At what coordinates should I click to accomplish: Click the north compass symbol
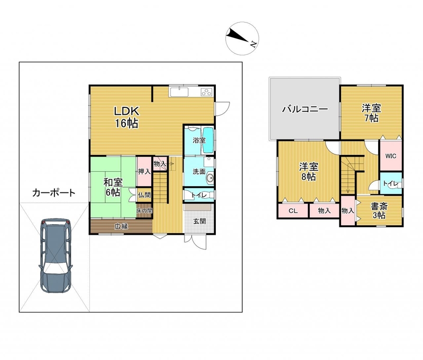(242, 39)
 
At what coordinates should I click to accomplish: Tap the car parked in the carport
(56, 256)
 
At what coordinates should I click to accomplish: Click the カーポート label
(53, 193)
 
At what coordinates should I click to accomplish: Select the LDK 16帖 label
(126, 117)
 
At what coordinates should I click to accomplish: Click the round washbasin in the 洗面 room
(209, 178)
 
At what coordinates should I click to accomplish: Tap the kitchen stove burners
(207, 92)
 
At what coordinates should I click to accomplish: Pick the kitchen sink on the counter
(179, 91)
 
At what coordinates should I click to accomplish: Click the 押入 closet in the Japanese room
(144, 171)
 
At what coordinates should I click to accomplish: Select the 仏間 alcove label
(144, 195)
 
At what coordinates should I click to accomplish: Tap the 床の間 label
(144, 210)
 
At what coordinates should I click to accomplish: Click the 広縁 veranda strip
(121, 226)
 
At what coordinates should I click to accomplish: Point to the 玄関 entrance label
(200, 221)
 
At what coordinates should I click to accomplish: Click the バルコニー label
(305, 109)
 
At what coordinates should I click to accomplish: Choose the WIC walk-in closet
(391, 155)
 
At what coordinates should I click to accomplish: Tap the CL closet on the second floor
(293, 211)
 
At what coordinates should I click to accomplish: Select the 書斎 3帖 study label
(379, 211)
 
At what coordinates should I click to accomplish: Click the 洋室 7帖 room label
(372, 113)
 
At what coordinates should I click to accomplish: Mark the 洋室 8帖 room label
(308, 172)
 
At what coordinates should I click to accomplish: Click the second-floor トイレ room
(391, 183)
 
